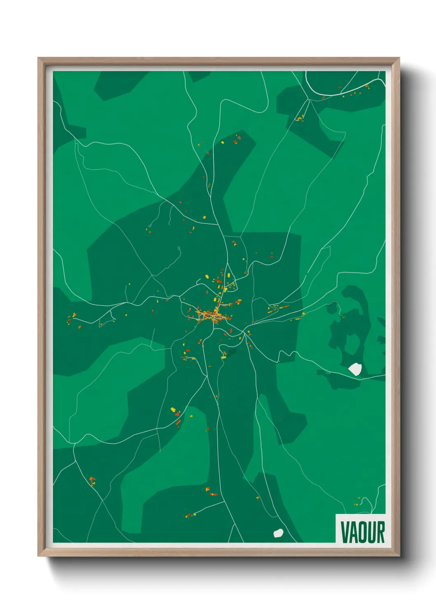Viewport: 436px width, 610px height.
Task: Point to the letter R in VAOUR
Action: click(380, 532)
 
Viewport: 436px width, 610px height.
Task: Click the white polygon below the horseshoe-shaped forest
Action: click(355, 369)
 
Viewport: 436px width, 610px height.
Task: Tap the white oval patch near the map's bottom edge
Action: click(279, 533)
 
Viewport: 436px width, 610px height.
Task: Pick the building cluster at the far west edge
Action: click(72, 317)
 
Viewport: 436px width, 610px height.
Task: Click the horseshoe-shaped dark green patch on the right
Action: click(350, 326)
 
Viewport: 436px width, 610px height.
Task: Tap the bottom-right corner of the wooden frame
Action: click(398, 555)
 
